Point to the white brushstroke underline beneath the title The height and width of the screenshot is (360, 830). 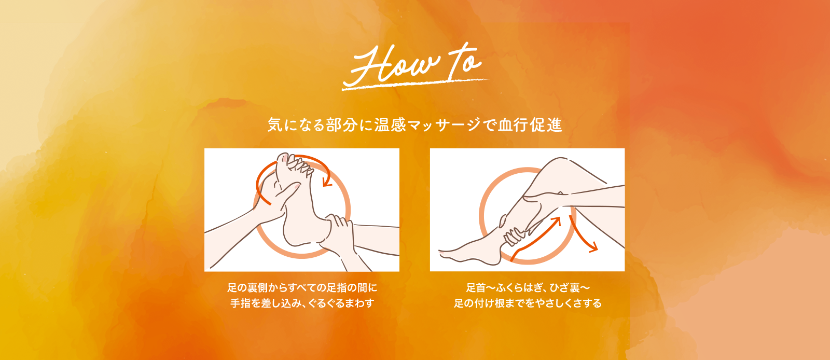(415, 85)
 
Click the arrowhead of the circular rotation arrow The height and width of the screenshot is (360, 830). (327, 182)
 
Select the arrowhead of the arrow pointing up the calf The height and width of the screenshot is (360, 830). (556, 222)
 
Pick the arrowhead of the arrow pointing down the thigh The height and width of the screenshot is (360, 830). (593, 247)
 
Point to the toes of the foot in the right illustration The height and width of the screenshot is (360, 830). (445, 254)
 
